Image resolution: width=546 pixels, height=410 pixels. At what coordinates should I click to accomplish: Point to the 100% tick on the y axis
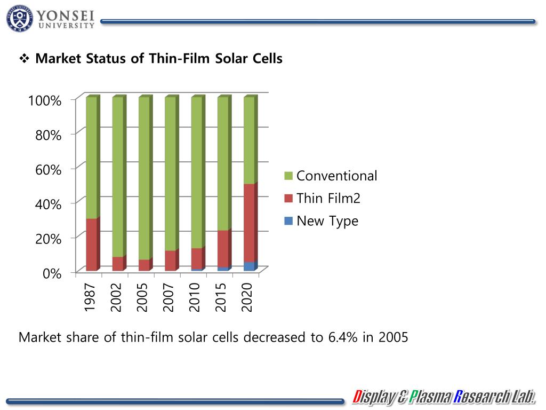pyautogui.click(x=45, y=100)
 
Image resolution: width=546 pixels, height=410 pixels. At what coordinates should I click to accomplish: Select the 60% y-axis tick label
pyautogui.click(x=48, y=170)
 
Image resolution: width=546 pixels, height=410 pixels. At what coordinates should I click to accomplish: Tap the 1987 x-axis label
pyautogui.click(x=90, y=297)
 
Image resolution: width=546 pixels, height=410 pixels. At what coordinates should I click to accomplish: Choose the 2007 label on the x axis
pyautogui.click(x=169, y=297)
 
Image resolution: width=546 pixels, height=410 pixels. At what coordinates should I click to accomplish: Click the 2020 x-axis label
pyautogui.click(x=248, y=297)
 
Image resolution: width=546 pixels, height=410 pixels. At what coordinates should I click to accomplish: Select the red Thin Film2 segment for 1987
pyautogui.click(x=91, y=245)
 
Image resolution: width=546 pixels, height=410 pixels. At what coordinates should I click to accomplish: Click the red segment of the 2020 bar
pyautogui.click(x=249, y=223)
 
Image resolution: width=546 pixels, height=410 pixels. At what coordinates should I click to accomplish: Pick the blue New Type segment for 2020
pyautogui.click(x=249, y=266)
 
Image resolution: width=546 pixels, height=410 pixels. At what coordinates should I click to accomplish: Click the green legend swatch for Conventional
pyautogui.click(x=288, y=176)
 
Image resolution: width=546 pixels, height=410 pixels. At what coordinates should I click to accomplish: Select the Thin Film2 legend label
pyautogui.click(x=328, y=199)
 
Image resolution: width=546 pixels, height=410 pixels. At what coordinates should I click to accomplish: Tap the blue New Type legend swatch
pyautogui.click(x=288, y=221)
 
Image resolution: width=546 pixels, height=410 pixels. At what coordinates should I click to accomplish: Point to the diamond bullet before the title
pyautogui.click(x=24, y=59)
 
